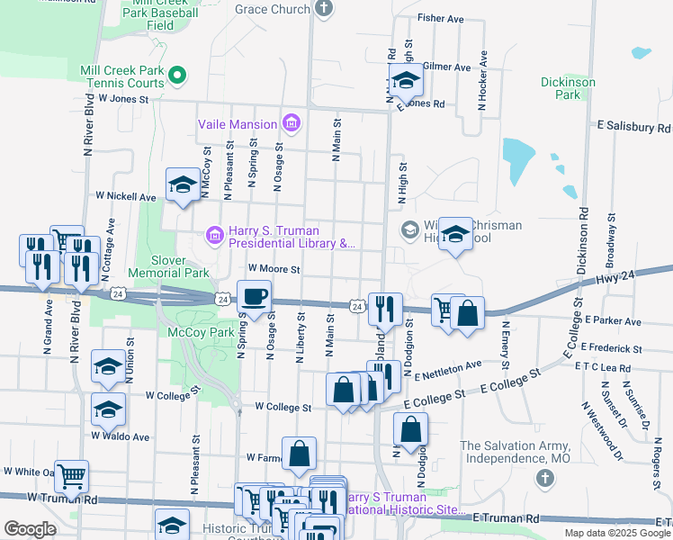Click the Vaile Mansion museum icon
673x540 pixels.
pyautogui.click(x=291, y=122)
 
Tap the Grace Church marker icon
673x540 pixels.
pyautogui.click(x=323, y=9)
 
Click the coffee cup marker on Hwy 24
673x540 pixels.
pyautogui.click(x=254, y=296)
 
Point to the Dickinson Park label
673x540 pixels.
pyautogui.click(x=568, y=87)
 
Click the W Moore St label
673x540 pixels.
pyautogui.click(x=274, y=268)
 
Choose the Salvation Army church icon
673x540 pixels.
pyautogui.click(x=544, y=478)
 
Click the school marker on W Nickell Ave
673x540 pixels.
pyautogui.click(x=183, y=185)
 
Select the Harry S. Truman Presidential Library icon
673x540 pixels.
pyautogui.click(x=215, y=236)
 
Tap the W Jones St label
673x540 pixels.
pyautogui.click(x=122, y=98)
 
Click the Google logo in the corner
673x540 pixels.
pyautogui.click(x=30, y=529)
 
